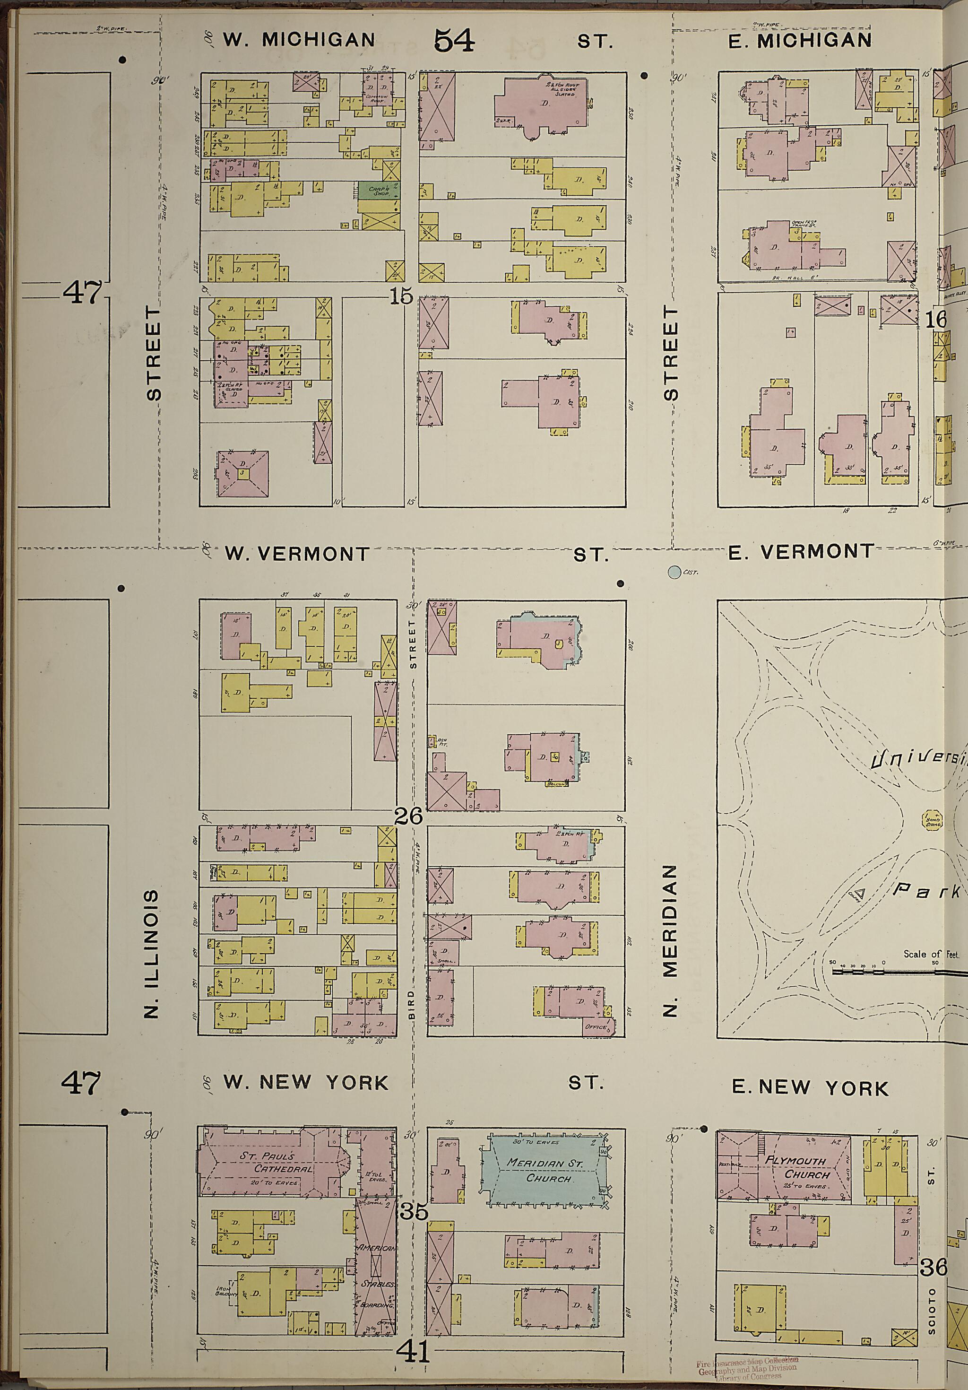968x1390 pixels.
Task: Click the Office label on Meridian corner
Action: coord(598,1027)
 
